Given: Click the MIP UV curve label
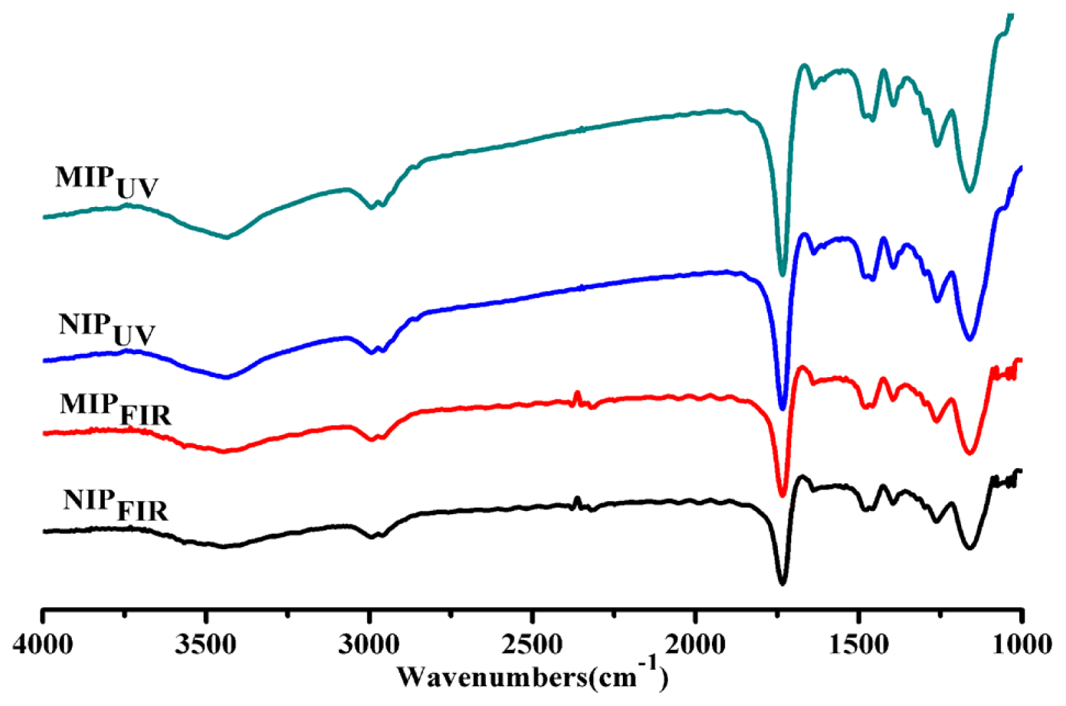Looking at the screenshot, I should [x=107, y=182].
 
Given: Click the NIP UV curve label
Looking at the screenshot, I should [x=107, y=329].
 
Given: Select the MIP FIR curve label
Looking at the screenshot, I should [x=115, y=409].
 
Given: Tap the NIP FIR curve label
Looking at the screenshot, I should [x=116, y=506].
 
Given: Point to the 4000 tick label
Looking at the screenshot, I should [x=43, y=643].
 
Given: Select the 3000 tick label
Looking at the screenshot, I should [x=369, y=643].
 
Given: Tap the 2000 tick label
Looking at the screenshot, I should [x=696, y=643].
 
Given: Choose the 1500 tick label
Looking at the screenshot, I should [x=858, y=643].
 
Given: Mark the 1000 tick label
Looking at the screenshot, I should [x=1021, y=643].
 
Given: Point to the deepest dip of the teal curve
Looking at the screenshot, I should [x=783, y=275].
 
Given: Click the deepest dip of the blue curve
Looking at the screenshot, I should [x=783, y=409].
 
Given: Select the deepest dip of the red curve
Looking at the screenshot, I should [x=783, y=496].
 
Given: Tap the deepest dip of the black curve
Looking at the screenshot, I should [x=783, y=584].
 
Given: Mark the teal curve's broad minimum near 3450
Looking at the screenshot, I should [x=227, y=237].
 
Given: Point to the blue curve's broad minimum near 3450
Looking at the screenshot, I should [x=227, y=378].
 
